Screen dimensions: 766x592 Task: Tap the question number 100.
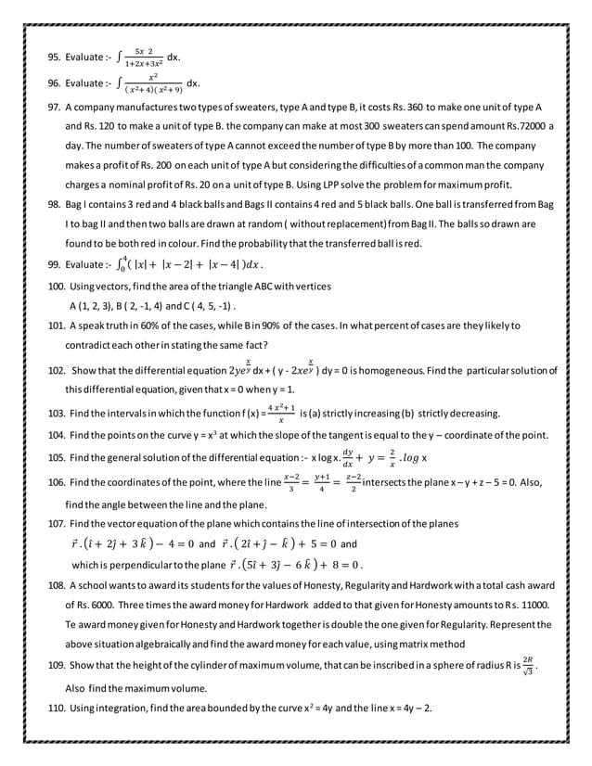57,287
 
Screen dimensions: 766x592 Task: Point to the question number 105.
57,457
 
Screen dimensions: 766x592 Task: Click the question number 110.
57,709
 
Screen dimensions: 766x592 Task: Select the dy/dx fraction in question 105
349,455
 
